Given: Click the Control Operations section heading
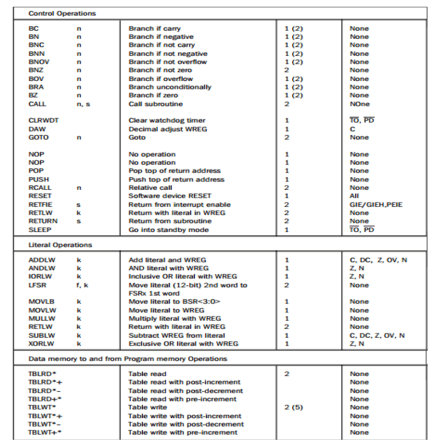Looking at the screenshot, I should click(x=62, y=13).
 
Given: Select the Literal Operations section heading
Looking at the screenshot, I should click(x=60, y=245).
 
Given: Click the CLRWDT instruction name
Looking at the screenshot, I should click(x=44, y=120).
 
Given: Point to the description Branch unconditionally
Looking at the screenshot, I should click(x=170, y=87).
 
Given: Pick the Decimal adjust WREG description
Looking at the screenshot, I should click(x=168, y=129).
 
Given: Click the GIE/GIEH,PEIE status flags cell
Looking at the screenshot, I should click(x=376, y=205).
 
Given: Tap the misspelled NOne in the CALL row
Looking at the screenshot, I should click(x=360, y=104).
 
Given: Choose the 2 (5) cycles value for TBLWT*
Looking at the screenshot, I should click(x=294, y=407).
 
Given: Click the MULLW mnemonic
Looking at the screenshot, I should click(x=40, y=319).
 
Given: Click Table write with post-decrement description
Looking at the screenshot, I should click(x=186, y=424).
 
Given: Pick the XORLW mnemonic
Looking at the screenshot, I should click(x=40, y=343).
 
